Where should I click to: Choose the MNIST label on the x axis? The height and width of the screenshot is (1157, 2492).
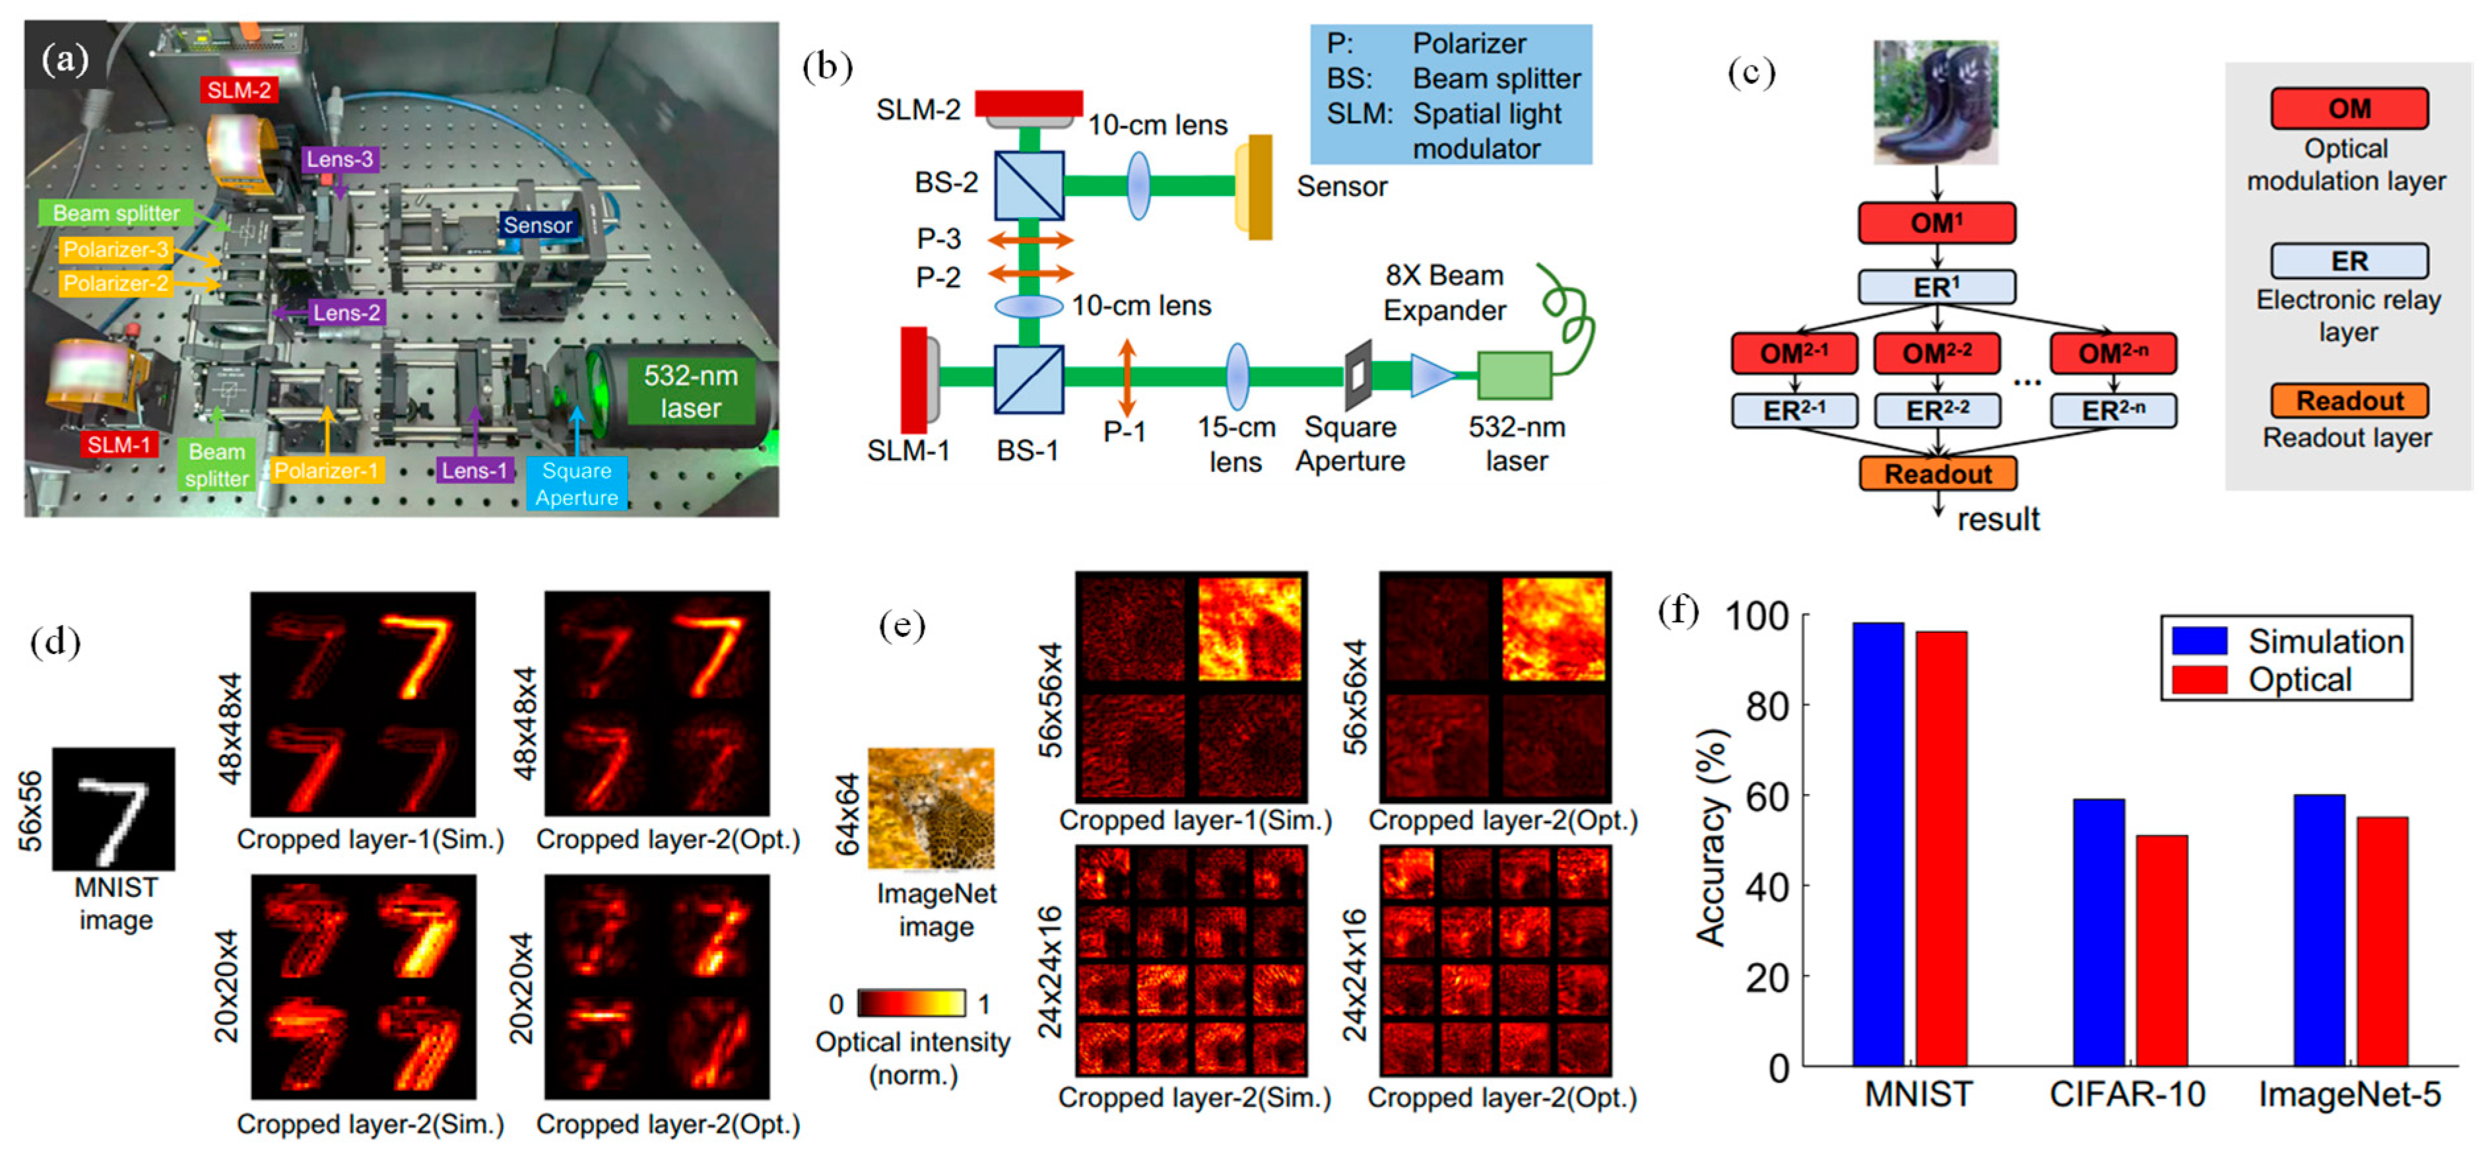[1917, 1094]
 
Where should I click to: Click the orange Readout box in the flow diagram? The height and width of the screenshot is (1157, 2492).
[1938, 474]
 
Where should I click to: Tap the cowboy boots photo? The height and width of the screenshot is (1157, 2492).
[1936, 102]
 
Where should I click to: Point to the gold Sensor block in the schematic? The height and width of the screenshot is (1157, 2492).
[1256, 187]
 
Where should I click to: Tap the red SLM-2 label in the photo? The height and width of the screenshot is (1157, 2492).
[239, 90]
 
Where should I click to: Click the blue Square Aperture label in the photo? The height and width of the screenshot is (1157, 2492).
[577, 484]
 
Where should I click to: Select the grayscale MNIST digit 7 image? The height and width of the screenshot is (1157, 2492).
[114, 809]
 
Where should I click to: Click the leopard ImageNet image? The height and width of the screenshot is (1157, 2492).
[931, 808]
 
